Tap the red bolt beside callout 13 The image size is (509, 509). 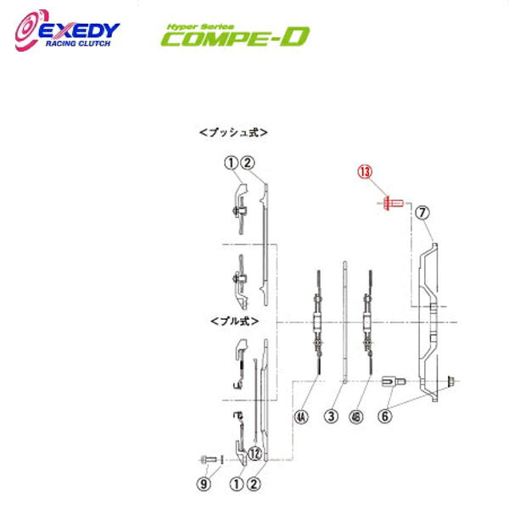[391, 204]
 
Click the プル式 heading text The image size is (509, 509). [233, 322]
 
